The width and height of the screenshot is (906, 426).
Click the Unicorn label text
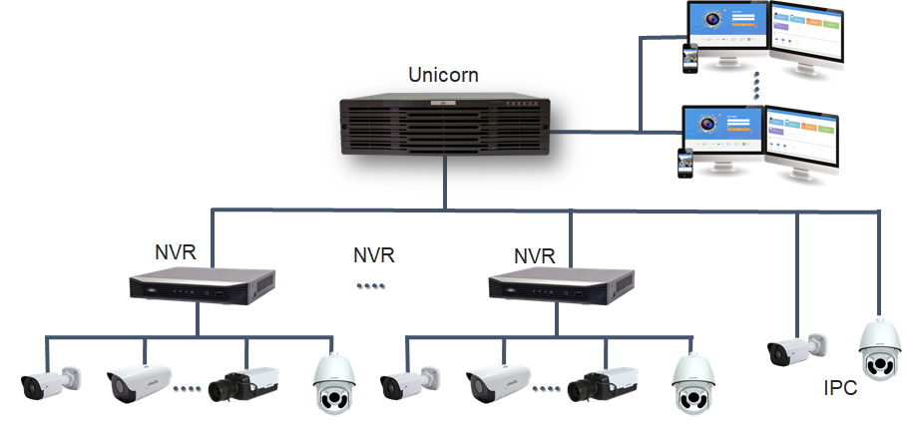pyautogui.click(x=443, y=75)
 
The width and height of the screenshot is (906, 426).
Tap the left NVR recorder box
pyautogui.click(x=201, y=286)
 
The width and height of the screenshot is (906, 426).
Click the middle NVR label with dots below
pyautogui.click(x=374, y=255)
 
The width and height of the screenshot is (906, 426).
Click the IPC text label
pyautogui.click(x=840, y=388)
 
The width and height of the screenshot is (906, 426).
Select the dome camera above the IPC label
pyautogui.click(x=879, y=350)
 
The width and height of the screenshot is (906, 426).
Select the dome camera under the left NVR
pyautogui.click(x=333, y=384)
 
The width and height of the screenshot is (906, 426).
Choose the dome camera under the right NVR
pyautogui.click(x=692, y=384)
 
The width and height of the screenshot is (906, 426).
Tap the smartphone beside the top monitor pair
pyautogui.click(x=688, y=58)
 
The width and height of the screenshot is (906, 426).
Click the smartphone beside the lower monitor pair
pyautogui.click(x=686, y=164)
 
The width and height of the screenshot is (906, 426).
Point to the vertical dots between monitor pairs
pyautogui.click(x=756, y=84)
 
